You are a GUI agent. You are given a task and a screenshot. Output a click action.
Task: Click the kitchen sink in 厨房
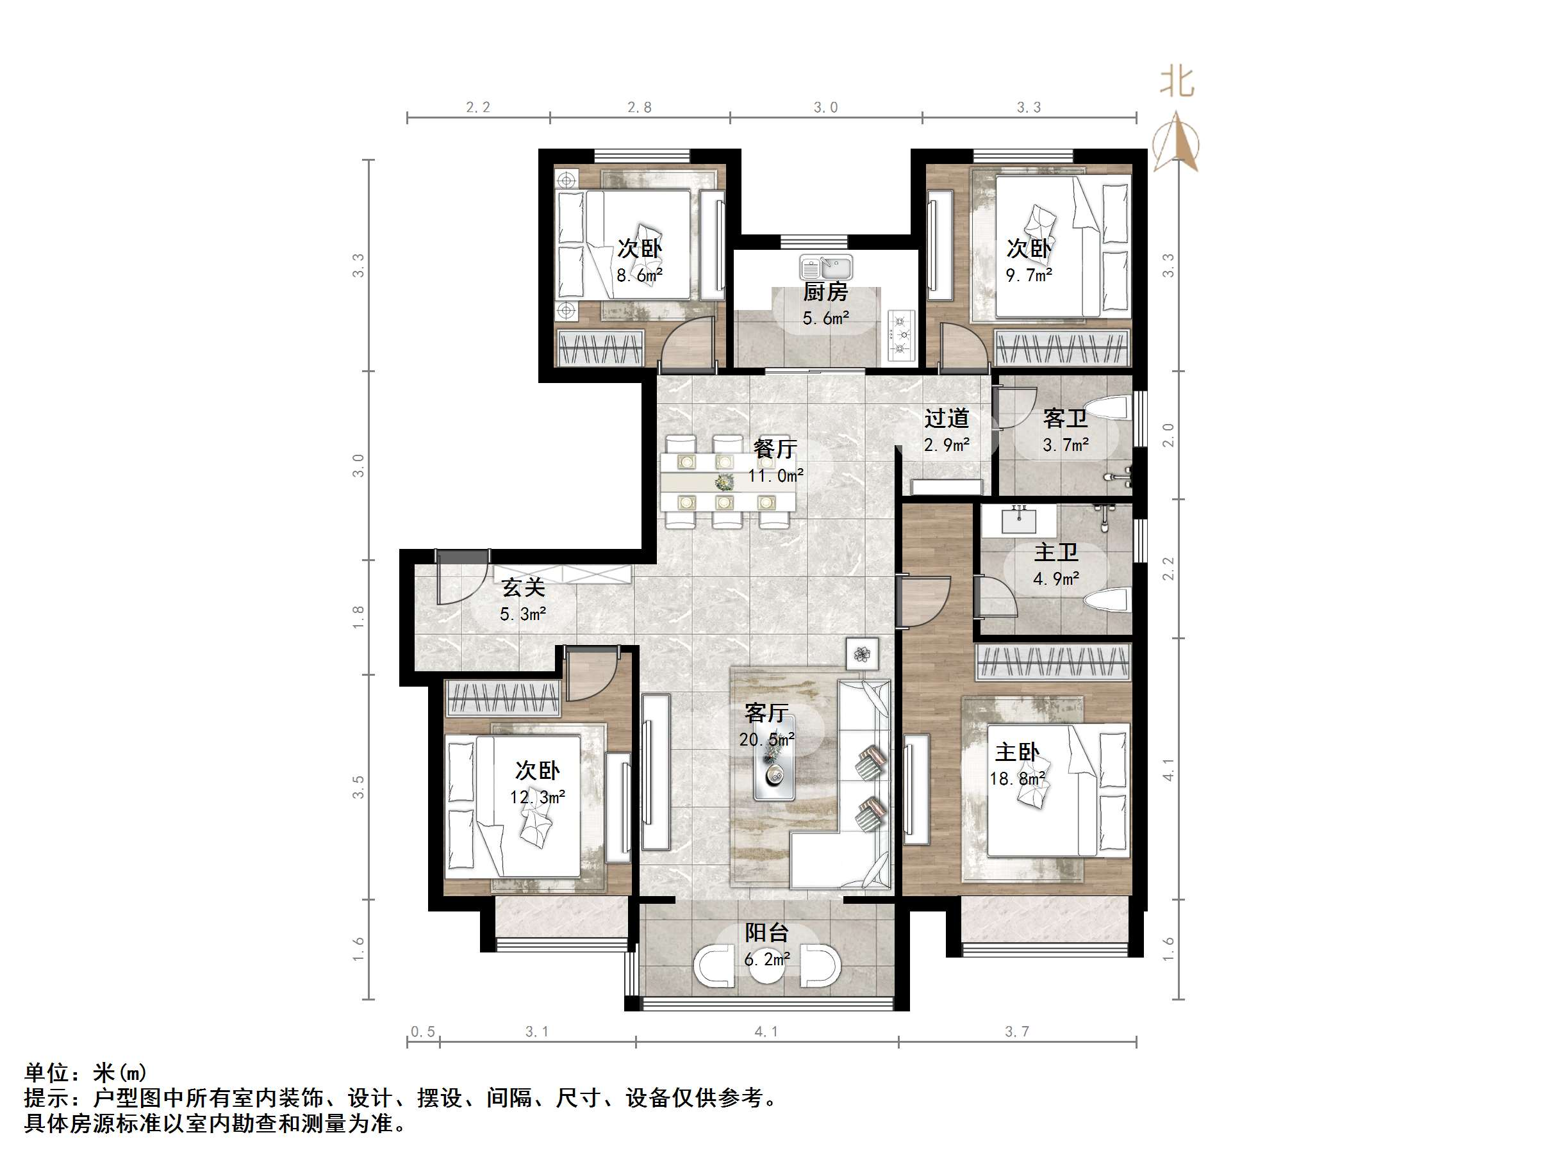826,268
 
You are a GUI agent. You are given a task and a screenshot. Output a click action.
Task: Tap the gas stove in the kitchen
902,335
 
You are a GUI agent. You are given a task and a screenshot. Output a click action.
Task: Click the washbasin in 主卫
1018,521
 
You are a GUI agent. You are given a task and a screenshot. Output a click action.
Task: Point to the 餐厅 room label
775,449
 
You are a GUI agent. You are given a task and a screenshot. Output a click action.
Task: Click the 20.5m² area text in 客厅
766,739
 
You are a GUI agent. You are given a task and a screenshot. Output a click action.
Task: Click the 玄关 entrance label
523,587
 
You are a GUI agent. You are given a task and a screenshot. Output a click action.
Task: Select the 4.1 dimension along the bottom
766,1032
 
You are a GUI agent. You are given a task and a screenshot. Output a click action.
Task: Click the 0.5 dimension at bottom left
422,1032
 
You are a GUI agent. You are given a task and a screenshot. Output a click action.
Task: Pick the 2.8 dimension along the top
639,108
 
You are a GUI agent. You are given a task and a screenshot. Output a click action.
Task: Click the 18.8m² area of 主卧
1017,778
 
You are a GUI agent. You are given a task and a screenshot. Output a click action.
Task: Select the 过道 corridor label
947,419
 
